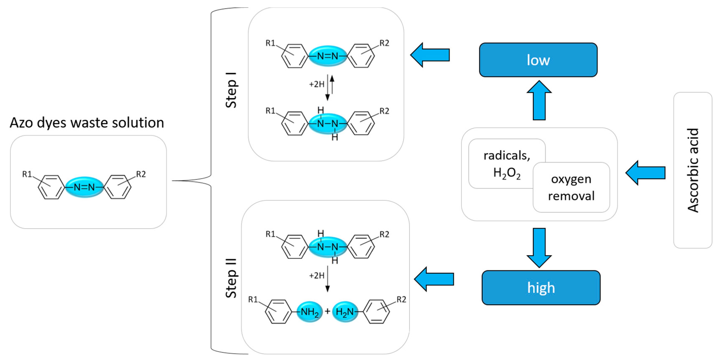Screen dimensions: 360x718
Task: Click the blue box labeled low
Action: pos(538,60)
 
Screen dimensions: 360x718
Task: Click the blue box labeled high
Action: pos(541,287)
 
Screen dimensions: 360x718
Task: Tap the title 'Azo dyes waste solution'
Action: pos(87,123)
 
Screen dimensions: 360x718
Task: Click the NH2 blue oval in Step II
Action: pos(309,312)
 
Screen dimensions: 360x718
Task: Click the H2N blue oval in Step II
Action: pos(345,312)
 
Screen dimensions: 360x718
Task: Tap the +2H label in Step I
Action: pos(317,84)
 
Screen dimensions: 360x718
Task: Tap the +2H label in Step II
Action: pos(317,276)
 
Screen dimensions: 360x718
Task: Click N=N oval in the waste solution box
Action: pos(84,187)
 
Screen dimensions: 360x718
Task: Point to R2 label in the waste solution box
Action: pos(141,174)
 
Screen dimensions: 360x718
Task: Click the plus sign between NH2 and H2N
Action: pos(328,311)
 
